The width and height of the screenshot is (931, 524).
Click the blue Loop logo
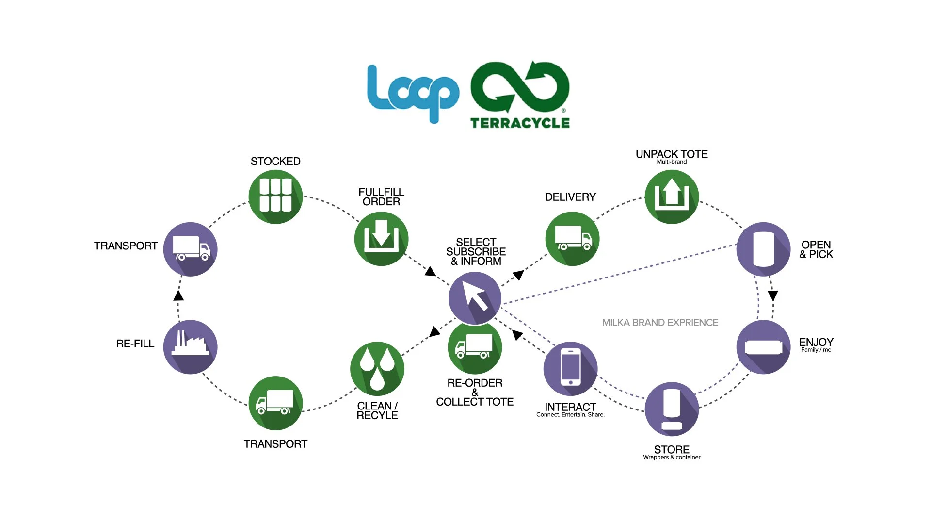coord(412,92)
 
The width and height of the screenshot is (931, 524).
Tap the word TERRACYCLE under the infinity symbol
coord(520,123)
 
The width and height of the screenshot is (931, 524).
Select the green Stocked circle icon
coord(275,196)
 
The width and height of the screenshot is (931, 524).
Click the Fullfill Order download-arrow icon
coord(381,239)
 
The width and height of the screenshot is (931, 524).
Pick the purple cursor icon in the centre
coord(475,297)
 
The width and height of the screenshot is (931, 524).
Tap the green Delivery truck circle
coord(572,239)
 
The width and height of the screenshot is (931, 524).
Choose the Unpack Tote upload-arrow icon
coord(672,196)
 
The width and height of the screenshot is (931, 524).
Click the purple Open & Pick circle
coord(763,249)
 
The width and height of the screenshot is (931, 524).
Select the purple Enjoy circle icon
coord(763,347)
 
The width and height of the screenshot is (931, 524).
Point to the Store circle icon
coord(672,409)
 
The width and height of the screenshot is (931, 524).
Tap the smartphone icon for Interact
coord(570,368)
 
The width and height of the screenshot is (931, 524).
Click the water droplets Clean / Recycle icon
coord(377,368)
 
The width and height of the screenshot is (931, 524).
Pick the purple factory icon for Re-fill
coord(190,347)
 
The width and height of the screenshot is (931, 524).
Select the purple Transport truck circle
coord(190,249)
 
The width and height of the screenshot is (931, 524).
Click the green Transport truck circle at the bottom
coord(275,403)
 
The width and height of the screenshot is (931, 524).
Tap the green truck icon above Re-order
coord(475,347)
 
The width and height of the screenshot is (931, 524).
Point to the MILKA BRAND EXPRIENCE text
coord(660,323)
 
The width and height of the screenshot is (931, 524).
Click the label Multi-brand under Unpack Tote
coord(672,162)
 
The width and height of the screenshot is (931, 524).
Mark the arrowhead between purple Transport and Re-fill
coord(178,295)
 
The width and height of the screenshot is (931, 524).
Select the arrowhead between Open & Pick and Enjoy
coord(773,295)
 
